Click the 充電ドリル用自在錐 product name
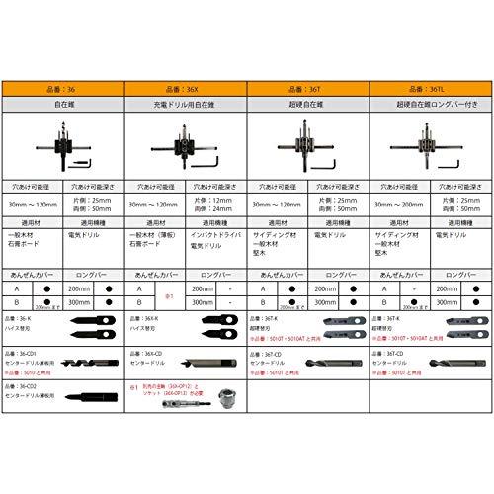coord(186,102)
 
